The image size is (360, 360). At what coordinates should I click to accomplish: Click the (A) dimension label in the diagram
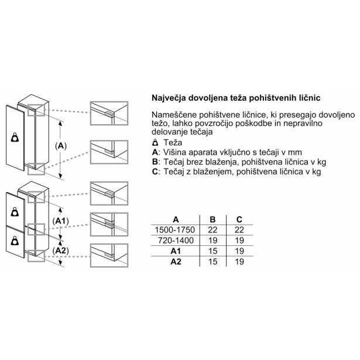(60, 145)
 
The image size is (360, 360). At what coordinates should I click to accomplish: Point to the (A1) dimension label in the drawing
(61, 220)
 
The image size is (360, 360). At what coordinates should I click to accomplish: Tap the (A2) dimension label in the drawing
(61, 251)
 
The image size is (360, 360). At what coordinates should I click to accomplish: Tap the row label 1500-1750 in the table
(176, 229)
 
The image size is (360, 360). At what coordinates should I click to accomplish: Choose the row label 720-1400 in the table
(176, 240)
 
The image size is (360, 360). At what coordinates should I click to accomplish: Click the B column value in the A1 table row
(212, 251)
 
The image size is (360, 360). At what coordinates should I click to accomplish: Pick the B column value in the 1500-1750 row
(212, 229)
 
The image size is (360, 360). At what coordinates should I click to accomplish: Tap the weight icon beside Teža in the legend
(155, 143)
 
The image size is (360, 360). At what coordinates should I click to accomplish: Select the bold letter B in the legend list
(155, 162)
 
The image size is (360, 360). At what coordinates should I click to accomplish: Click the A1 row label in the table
(176, 251)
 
